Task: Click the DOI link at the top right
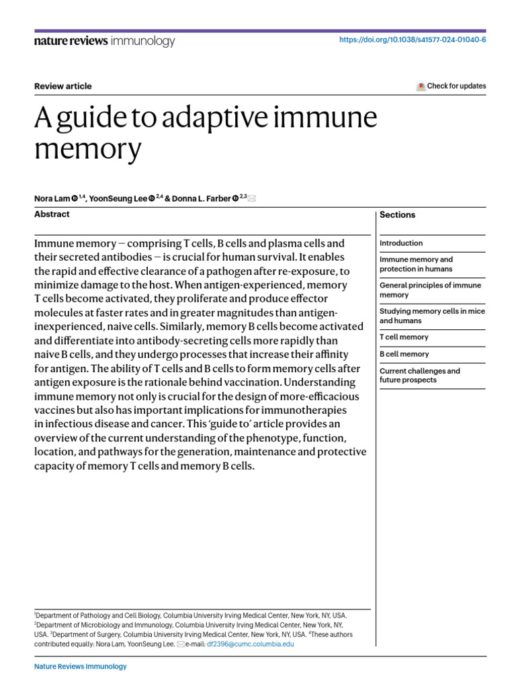click(413, 40)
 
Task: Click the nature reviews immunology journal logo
click(104, 41)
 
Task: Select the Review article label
click(62, 86)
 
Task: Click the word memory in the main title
click(87, 148)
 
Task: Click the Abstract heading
click(52, 214)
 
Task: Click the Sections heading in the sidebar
click(397, 215)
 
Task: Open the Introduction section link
click(401, 243)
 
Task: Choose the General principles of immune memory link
click(430, 290)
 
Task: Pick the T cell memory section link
click(404, 337)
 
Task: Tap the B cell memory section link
click(404, 354)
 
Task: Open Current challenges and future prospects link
click(420, 376)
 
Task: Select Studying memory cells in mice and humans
click(432, 316)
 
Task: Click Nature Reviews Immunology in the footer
click(80, 666)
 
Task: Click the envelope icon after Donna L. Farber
click(252, 198)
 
